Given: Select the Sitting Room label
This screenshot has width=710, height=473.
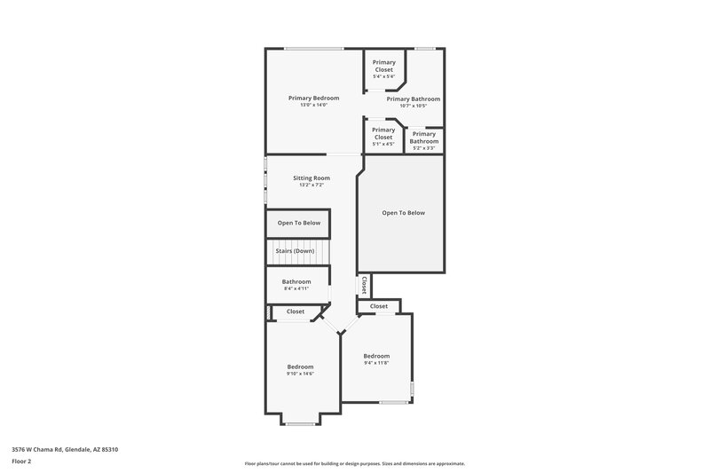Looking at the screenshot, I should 312,177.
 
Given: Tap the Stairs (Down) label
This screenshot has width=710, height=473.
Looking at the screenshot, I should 294,251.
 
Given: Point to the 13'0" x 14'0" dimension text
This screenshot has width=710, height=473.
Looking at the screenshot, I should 313,106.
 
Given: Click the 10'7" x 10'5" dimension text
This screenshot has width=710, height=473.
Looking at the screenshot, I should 413,106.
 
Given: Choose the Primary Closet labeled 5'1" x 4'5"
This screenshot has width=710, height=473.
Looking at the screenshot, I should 383,133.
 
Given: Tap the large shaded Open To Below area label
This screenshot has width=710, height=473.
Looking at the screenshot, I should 404,213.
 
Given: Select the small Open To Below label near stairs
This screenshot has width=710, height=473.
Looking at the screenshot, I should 299,223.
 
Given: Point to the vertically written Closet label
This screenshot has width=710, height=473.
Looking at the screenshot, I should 364,286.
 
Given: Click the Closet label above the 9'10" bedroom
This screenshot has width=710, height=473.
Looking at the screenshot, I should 296,311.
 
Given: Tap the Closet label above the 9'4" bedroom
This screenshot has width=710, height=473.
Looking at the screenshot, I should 379,306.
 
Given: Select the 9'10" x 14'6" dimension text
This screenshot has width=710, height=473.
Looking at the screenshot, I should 300,374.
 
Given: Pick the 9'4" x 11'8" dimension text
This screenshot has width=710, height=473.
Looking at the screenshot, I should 376,363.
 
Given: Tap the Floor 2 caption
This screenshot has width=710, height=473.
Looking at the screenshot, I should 21,462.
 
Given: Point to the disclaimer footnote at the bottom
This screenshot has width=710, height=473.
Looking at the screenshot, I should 354,463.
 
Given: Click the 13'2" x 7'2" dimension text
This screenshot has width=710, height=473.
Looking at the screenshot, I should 312,185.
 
